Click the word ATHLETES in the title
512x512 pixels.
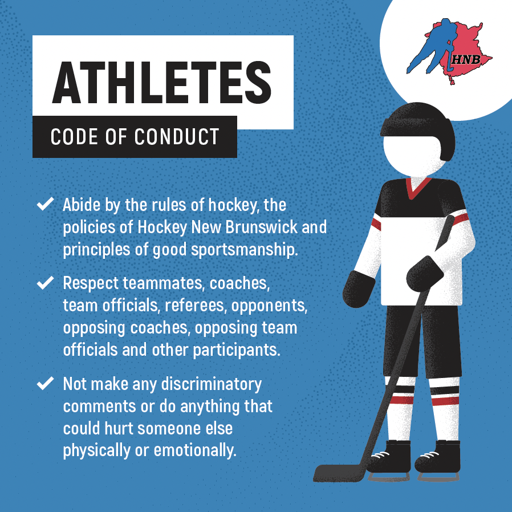(161, 82)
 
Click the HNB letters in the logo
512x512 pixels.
(466, 59)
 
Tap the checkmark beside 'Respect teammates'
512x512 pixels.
(46, 282)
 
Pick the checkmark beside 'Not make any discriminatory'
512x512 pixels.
(46, 383)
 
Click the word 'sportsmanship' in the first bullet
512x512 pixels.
(244, 250)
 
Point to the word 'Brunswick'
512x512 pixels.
(261, 227)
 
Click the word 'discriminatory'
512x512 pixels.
(212, 384)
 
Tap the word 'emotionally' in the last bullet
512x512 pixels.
(195, 450)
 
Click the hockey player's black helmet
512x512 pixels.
(418, 125)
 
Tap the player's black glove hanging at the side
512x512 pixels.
(359, 289)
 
